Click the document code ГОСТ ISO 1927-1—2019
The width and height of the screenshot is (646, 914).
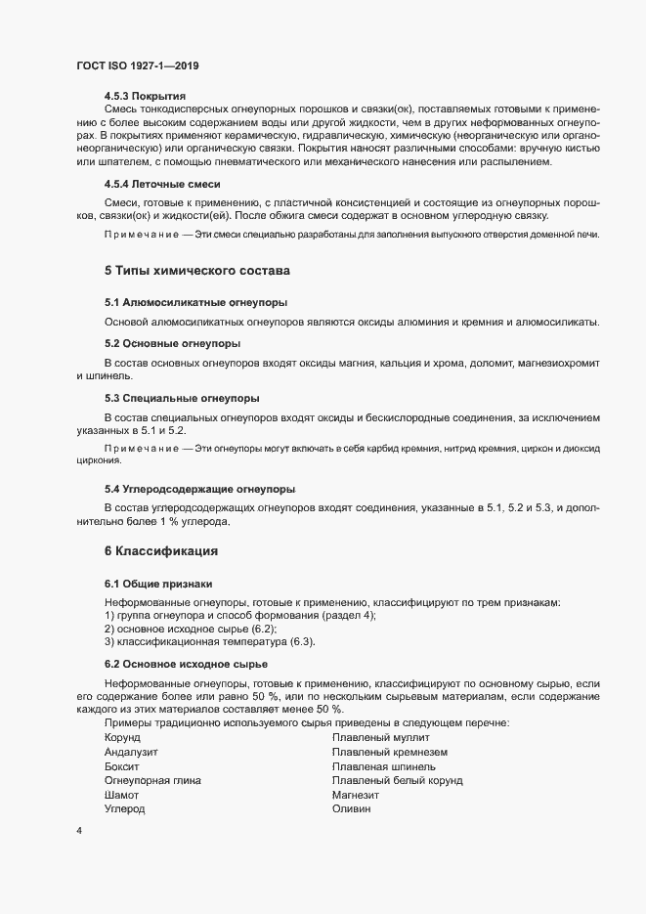[x=138, y=65]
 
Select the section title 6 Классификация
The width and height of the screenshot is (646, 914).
[x=160, y=551]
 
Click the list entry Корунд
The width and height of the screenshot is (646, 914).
[x=122, y=737]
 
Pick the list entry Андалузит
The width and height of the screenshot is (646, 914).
[x=131, y=753]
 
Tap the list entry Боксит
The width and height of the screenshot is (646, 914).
[x=121, y=768]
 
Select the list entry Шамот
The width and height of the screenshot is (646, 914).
[x=121, y=798]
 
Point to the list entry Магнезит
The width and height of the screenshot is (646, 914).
[x=357, y=798]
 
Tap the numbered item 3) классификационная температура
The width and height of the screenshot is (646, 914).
[x=209, y=641]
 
